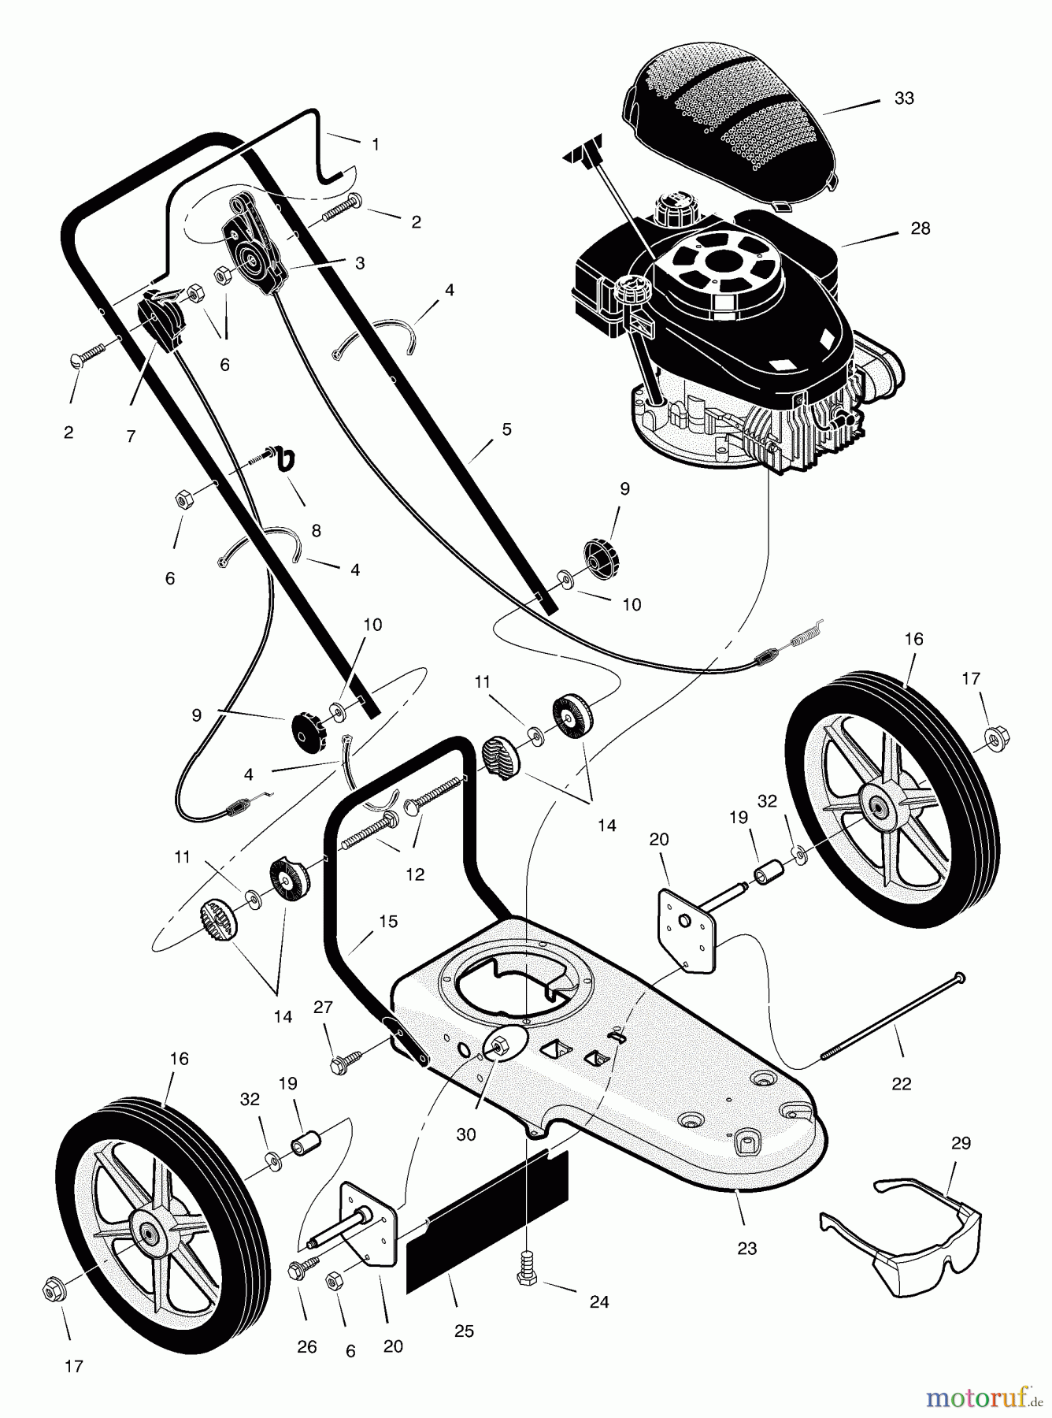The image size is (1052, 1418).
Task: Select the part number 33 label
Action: (x=904, y=98)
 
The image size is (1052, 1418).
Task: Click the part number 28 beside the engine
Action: (x=920, y=228)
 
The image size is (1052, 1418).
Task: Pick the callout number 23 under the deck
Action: (x=746, y=1248)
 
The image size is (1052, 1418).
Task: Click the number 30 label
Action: (x=466, y=1134)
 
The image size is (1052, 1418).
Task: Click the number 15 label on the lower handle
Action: (x=387, y=921)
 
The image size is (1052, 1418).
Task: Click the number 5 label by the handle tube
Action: (x=506, y=429)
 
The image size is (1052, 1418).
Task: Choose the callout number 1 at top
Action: (x=376, y=144)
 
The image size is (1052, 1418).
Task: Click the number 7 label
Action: (x=131, y=436)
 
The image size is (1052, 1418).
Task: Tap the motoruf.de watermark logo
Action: (x=984, y=1397)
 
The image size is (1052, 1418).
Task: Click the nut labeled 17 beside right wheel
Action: (x=995, y=738)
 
